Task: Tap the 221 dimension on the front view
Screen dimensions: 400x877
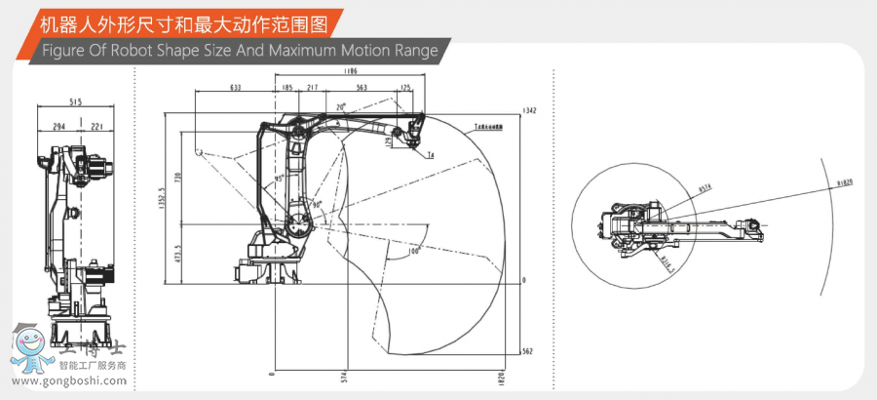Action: pos(96,126)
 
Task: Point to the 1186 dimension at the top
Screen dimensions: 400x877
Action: pos(350,71)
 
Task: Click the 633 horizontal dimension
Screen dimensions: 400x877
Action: pos(235,88)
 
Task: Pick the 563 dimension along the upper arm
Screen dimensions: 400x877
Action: pos(362,88)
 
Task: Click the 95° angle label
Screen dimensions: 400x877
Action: pos(279,179)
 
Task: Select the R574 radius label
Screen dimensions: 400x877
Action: pos(705,188)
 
